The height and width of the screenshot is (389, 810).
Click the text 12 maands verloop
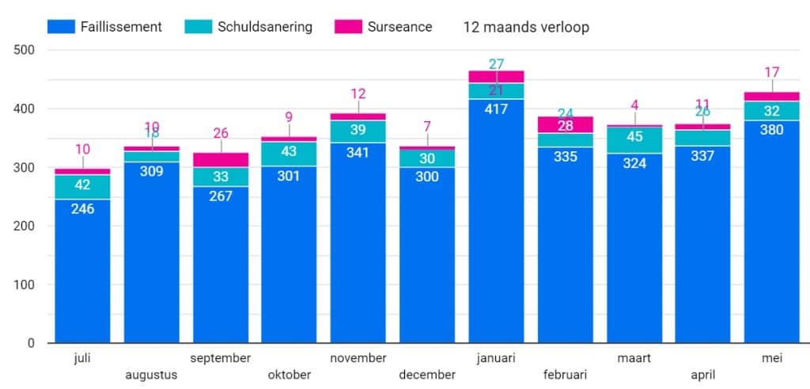pyautogui.click(x=526, y=27)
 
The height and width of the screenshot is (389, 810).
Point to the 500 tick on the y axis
pyautogui.click(x=25, y=50)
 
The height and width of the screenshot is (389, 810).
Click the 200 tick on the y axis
pyautogui.click(x=25, y=226)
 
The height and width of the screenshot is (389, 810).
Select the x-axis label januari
pyautogui.click(x=496, y=359)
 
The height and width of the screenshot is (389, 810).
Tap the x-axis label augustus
pyautogui.click(x=151, y=375)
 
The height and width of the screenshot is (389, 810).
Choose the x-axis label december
pyautogui.click(x=427, y=375)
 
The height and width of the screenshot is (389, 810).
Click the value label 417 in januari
pyautogui.click(x=496, y=109)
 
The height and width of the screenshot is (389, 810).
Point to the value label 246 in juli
pyautogui.click(x=82, y=209)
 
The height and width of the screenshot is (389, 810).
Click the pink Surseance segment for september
pyautogui.click(x=221, y=159)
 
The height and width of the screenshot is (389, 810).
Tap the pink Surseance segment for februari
pyautogui.click(x=565, y=124)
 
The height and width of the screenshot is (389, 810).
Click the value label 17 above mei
pyautogui.click(x=771, y=73)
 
